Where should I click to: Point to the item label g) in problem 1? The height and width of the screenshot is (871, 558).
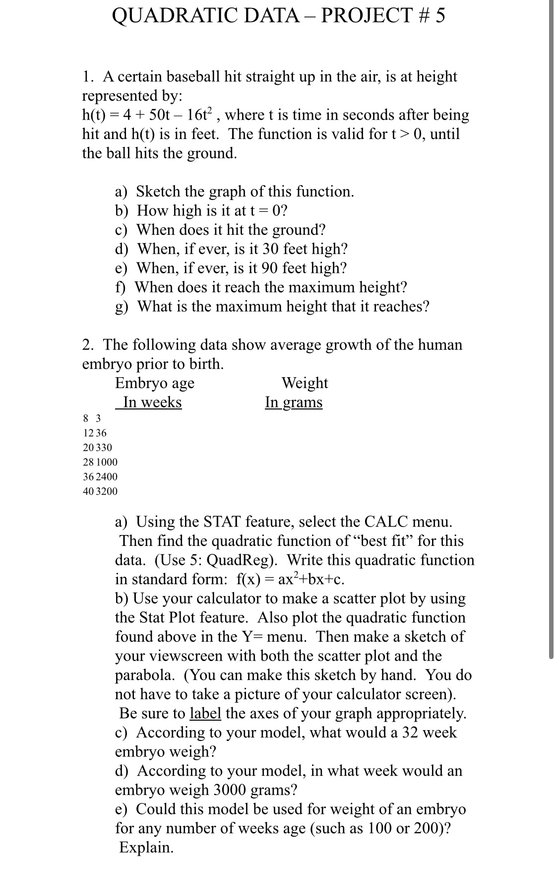click(x=122, y=307)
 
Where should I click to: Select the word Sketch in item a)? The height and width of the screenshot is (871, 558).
click(x=159, y=192)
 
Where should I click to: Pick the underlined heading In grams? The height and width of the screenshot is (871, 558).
click(x=294, y=402)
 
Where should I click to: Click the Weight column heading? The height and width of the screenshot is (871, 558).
click(x=305, y=383)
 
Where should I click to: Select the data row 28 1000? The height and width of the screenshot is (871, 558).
click(x=100, y=462)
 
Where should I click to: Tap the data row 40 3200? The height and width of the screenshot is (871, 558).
click(x=100, y=491)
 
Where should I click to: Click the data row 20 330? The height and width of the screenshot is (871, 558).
click(x=97, y=447)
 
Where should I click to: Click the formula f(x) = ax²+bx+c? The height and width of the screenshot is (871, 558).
click(x=290, y=580)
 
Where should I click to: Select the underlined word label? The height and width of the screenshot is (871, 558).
click(x=205, y=714)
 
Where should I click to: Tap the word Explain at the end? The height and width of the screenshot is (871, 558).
click(x=146, y=847)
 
